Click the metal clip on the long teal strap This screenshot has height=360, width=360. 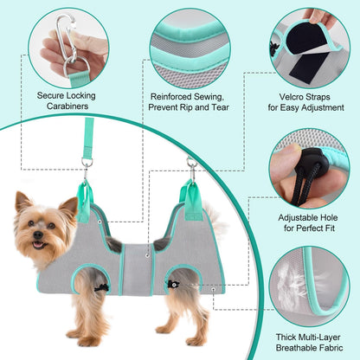87,164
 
